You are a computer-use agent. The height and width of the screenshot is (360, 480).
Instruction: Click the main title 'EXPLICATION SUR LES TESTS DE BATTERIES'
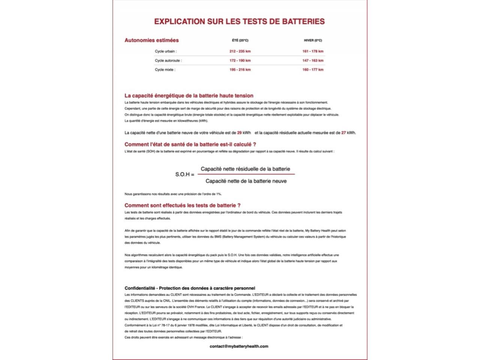click(x=239, y=21)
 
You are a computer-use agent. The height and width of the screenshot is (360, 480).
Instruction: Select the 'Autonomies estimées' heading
click(x=151, y=40)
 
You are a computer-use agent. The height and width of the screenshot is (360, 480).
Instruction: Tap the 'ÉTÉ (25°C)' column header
click(x=240, y=40)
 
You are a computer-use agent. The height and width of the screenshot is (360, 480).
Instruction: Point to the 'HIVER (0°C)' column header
click(x=313, y=40)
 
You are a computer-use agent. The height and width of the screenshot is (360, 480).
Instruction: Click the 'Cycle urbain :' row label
click(x=166, y=51)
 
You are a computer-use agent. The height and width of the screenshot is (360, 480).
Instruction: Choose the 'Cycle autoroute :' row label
click(x=168, y=60)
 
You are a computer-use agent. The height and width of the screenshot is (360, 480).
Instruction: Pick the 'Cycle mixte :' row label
click(x=165, y=70)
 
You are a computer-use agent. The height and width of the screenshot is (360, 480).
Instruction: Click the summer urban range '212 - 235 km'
click(x=240, y=51)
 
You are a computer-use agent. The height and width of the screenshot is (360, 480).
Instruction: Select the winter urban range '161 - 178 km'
click(x=313, y=51)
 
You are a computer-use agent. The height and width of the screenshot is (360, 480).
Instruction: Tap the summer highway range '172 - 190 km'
click(x=240, y=60)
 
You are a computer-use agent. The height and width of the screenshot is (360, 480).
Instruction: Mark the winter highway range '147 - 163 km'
click(x=313, y=60)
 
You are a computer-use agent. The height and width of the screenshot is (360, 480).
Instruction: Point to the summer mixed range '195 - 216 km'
click(x=240, y=70)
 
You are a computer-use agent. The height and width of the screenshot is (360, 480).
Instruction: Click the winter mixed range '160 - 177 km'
click(x=313, y=70)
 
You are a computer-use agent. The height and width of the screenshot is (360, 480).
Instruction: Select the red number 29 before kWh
click(x=239, y=133)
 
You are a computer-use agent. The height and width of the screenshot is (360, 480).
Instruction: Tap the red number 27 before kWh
click(x=343, y=133)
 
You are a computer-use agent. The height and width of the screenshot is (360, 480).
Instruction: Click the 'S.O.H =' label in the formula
click(x=185, y=174)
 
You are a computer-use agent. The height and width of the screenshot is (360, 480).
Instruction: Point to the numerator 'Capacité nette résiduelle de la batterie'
click(x=245, y=169)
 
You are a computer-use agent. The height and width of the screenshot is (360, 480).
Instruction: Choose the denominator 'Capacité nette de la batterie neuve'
click(x=246, y=181)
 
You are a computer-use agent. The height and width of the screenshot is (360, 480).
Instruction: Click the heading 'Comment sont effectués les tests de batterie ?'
click(x=183, y=205)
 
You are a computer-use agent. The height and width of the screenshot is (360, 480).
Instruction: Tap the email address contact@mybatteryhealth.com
click(x=239, y=346)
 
